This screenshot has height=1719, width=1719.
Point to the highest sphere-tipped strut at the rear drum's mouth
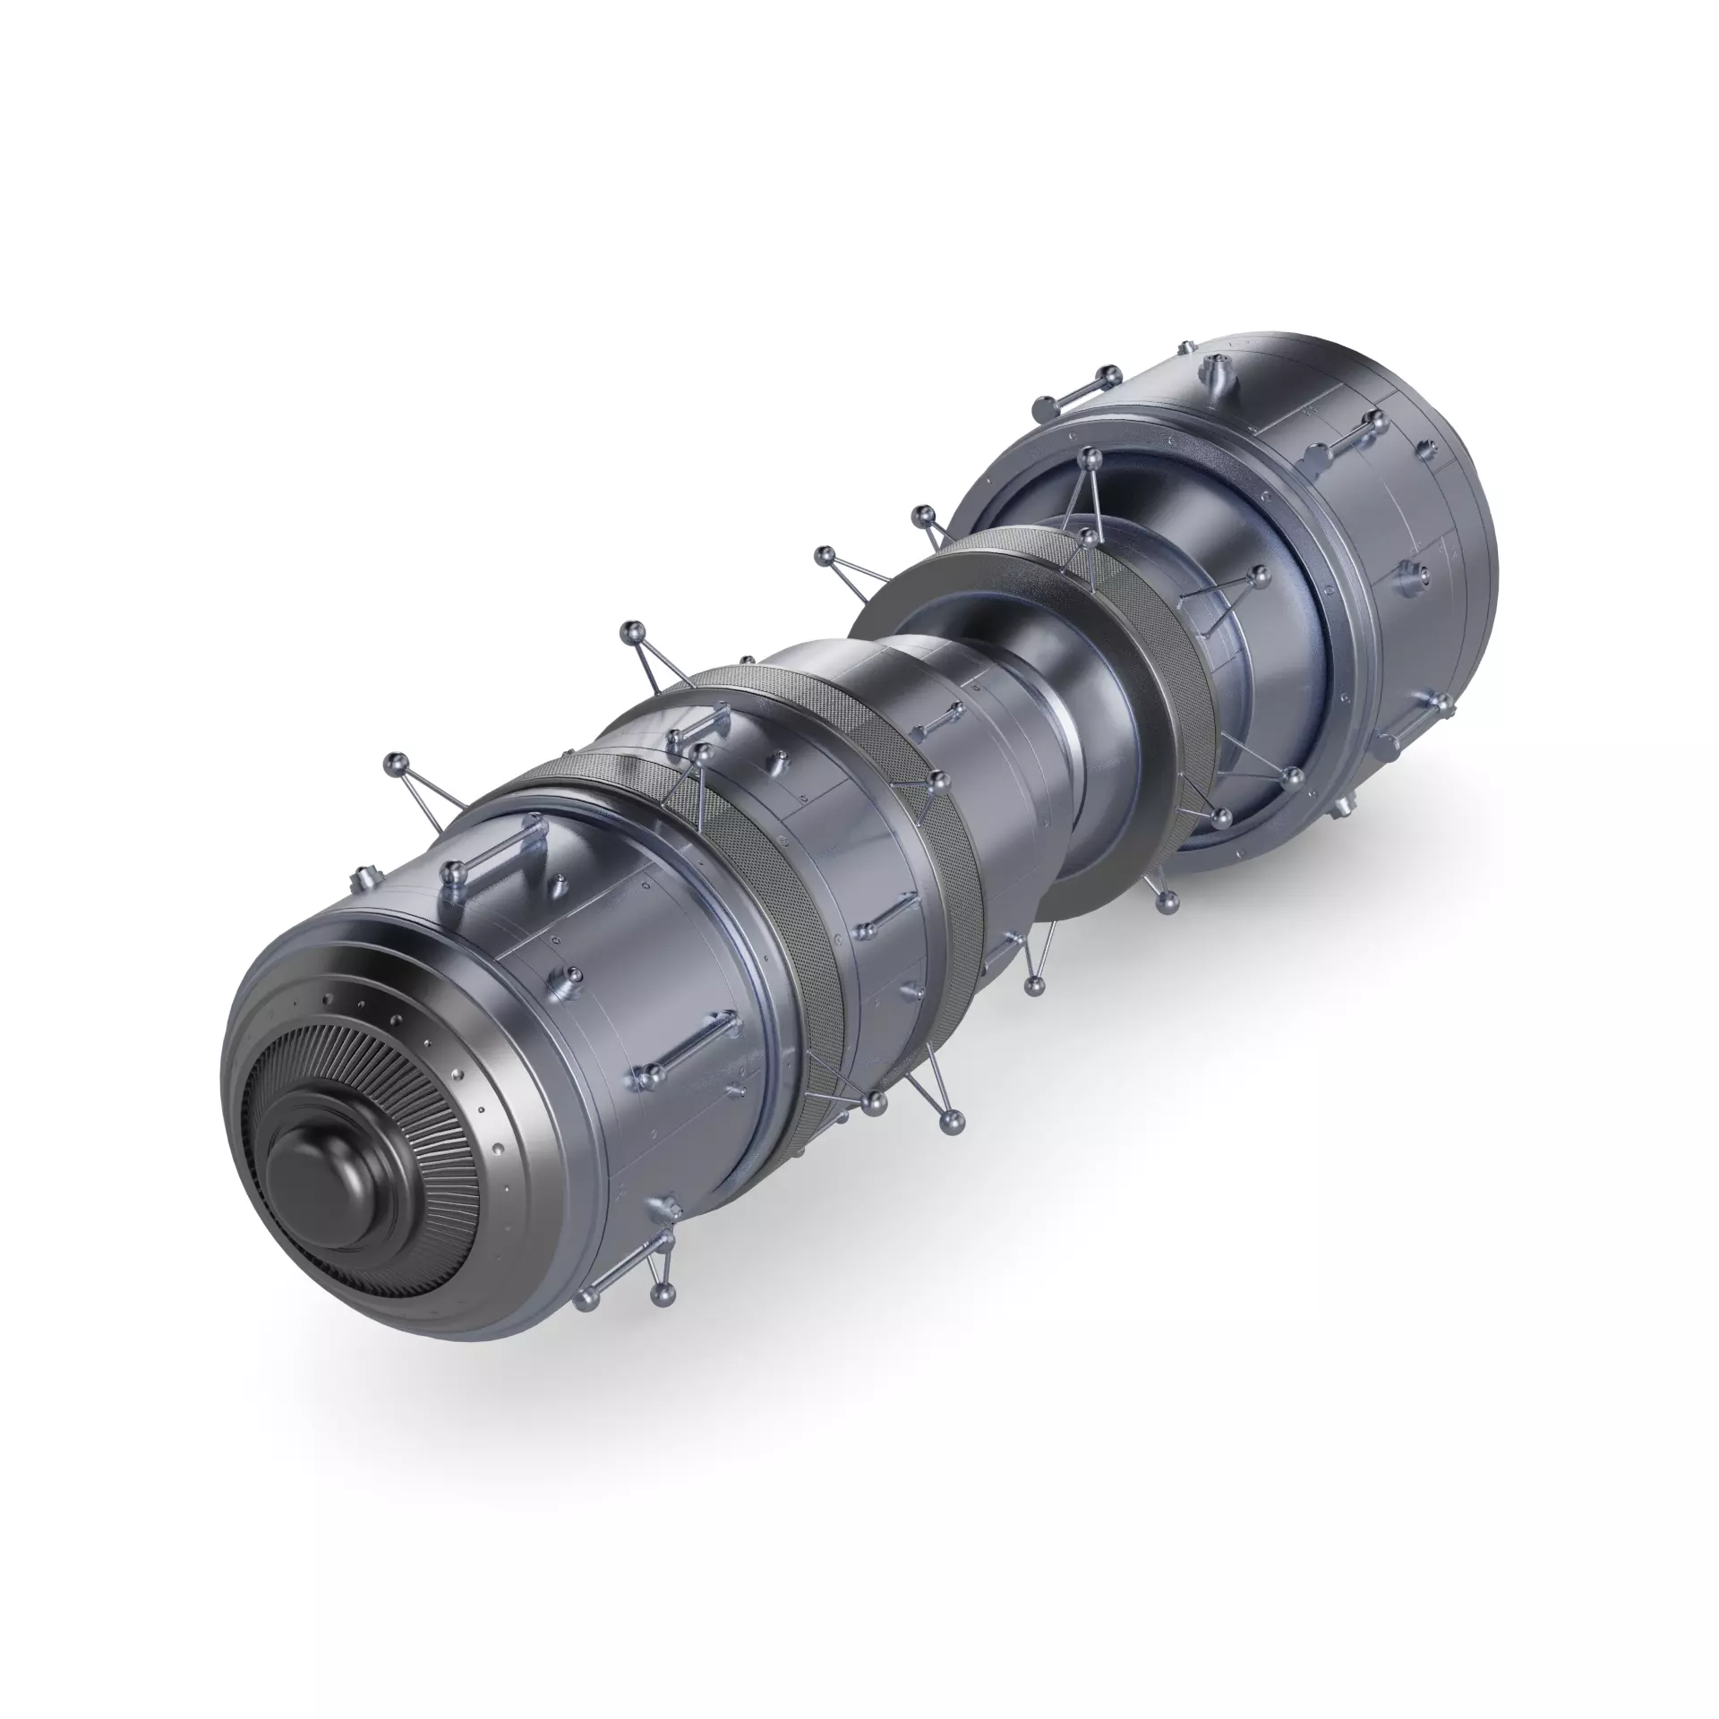[x=1090, y=459]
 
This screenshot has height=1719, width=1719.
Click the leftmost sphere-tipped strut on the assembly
[x=395, y=763]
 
